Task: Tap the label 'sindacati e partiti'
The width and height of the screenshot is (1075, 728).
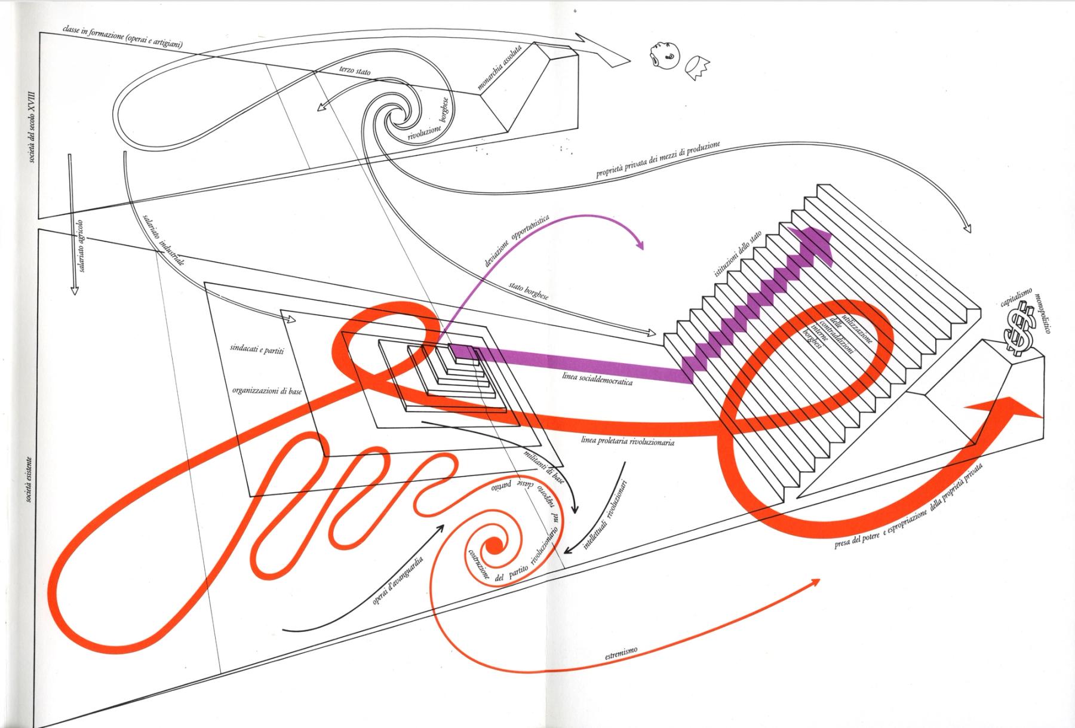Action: point(257,349)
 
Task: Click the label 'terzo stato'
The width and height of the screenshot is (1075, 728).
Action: point(355,72)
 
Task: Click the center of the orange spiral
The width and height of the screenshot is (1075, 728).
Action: point(494,546)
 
